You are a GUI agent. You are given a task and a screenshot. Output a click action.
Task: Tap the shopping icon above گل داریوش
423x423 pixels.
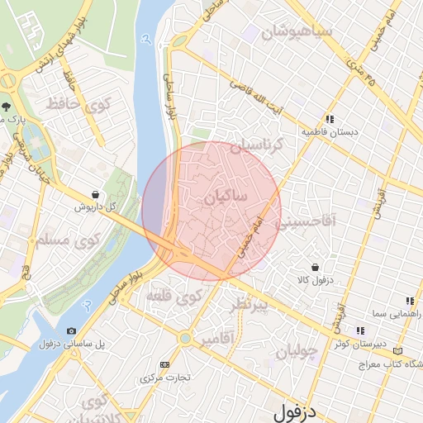[96, 194]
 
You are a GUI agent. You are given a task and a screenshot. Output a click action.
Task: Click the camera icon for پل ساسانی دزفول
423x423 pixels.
[70, 331]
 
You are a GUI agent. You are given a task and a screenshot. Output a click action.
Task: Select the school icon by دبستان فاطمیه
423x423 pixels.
[330, 119]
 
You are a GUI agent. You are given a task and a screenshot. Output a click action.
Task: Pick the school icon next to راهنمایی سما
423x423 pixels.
[409, 301]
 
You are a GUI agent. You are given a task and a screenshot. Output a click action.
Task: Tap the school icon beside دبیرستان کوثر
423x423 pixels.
[360, 330]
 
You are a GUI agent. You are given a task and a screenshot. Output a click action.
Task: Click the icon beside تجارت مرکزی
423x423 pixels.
[165, 364]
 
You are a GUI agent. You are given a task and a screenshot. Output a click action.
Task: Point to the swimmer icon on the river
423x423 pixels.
[146, 38]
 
